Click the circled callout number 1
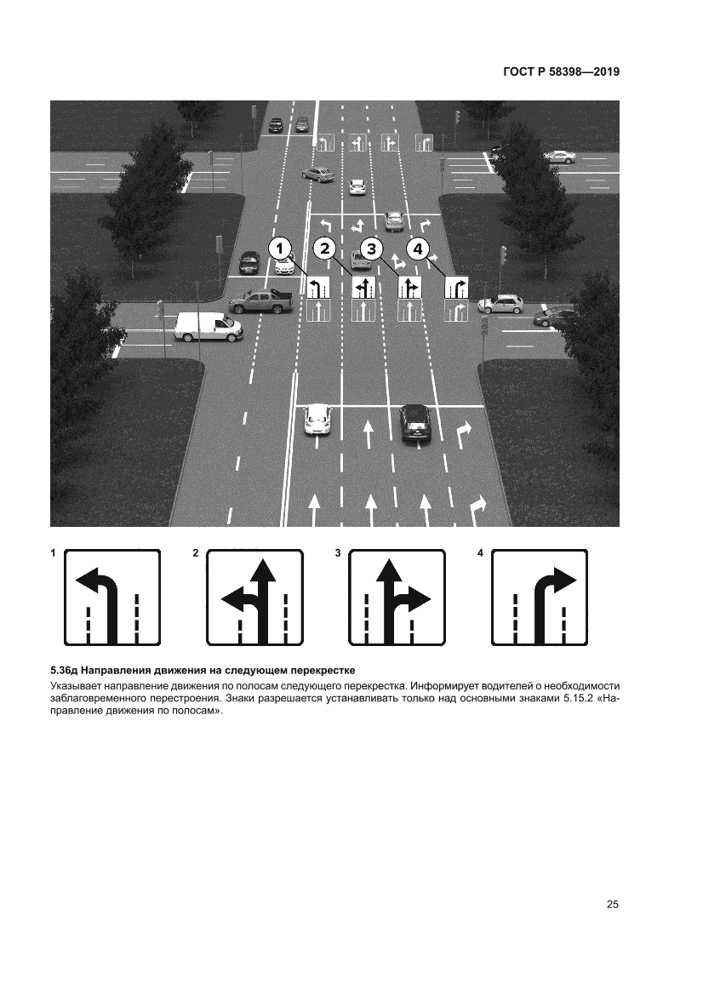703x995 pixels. coord(281,249)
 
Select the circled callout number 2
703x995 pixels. coord(325,249)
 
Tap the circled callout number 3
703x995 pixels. coord(372,249)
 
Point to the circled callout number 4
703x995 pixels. coord(418,249)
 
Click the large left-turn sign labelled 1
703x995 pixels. coord(112,598)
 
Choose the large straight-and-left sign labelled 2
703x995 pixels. coord(255,598)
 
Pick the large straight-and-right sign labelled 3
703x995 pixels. coord(397,598)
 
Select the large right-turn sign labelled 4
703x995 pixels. coord(540,598)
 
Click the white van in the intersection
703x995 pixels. coord(209,327)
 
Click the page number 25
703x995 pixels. coord(612,904)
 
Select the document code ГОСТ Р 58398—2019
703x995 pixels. coord(561,71)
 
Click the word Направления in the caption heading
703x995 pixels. coord(116,670)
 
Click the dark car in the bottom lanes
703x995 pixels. coord(415,423)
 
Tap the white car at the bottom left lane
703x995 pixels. coord(317,420)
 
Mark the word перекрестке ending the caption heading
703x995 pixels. coord(323,670)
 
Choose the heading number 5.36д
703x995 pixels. coord(65,670)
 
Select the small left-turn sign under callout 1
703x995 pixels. coord(318,288)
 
